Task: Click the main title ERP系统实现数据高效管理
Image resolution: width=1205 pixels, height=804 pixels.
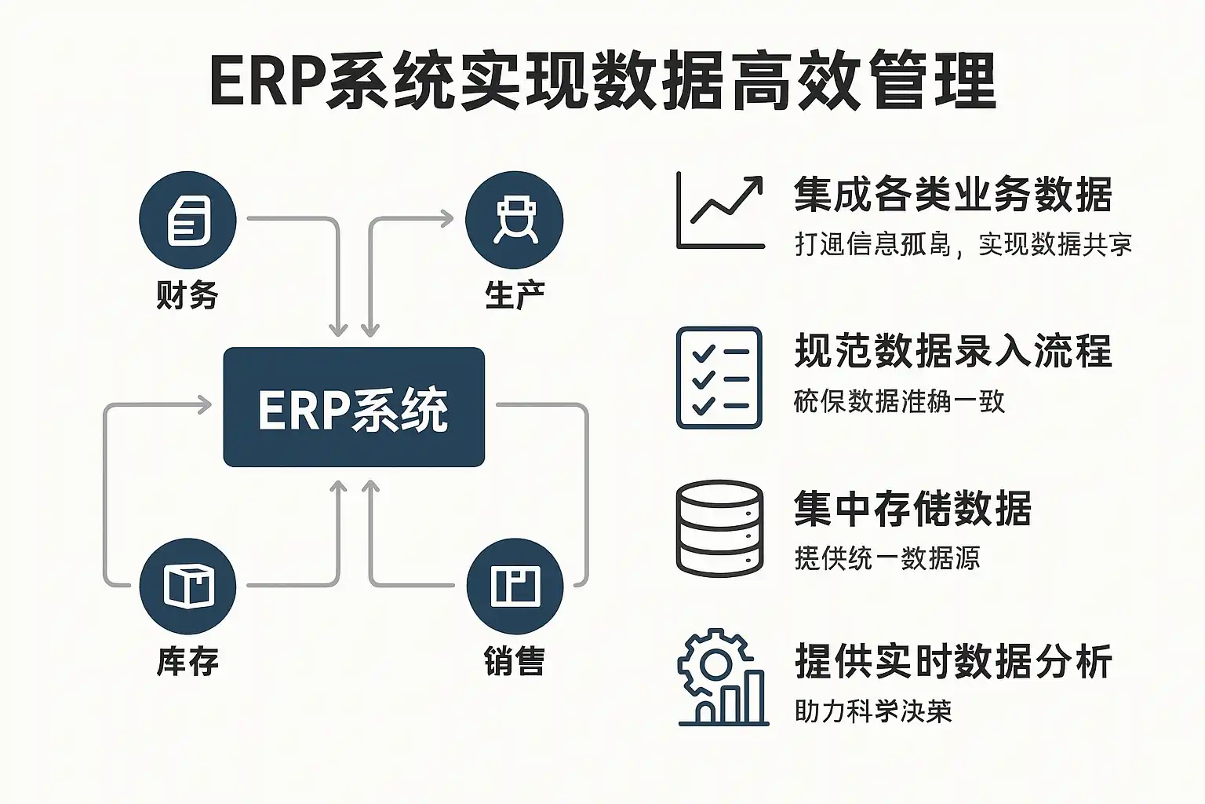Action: (602, 81)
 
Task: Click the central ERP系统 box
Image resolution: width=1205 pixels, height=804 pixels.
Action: (354, 407)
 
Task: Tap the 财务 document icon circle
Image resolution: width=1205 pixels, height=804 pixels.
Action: (187, 220)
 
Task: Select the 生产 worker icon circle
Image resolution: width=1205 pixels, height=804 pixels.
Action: (514, 220)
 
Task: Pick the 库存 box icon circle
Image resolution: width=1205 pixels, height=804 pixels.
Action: (187, 586)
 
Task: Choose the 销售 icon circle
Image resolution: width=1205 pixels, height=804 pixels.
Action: (514, 586)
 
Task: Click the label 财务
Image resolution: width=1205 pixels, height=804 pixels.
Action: (187, 295)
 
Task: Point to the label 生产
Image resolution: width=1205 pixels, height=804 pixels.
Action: (514, 295)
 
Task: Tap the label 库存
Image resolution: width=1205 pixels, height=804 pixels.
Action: (187, 661)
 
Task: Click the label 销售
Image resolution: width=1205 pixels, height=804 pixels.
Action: (514, 661)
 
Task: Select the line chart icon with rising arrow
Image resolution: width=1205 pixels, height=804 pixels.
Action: (720, 211)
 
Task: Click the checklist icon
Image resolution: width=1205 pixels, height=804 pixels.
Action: (719, 378)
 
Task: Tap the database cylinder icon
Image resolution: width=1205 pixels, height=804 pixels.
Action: (719, 528)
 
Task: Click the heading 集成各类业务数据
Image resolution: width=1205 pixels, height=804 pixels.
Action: (952, 194)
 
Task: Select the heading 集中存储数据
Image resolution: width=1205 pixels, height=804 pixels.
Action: (912, 508)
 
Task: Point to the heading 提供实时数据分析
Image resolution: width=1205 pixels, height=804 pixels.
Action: (953, 661)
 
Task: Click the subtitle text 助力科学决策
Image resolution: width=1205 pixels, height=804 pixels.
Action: (872, 711)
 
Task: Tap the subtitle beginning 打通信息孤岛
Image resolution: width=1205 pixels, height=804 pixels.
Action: (963, 244)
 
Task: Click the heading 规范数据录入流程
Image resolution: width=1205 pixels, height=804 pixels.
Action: (953, 351)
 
